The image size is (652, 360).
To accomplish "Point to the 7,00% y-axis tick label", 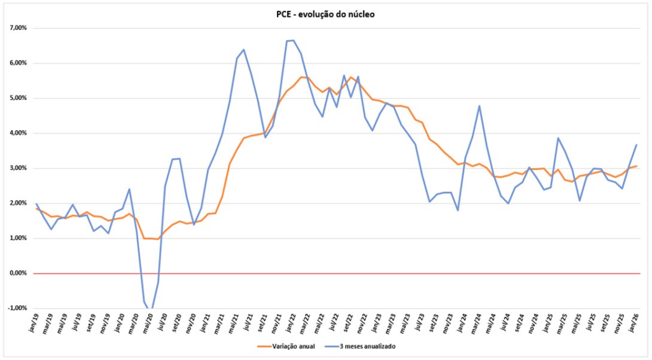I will [18, 29].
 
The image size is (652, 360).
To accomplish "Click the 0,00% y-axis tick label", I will [18, 273].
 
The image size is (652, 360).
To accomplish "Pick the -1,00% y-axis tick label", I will [17, 308].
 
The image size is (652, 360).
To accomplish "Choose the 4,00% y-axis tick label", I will [18, 133].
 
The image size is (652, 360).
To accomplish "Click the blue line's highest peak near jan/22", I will [293, 40].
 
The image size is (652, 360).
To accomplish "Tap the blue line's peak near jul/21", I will [244, 50].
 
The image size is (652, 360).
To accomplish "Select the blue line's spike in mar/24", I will [479, 106].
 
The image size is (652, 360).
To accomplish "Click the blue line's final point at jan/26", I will [637, 145].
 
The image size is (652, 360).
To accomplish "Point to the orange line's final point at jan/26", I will [637, 166].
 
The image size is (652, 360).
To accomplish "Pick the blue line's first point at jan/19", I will [36, 204].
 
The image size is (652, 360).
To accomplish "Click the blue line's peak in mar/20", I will [129, 189].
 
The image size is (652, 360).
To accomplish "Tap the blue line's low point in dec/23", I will [458, 210].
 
